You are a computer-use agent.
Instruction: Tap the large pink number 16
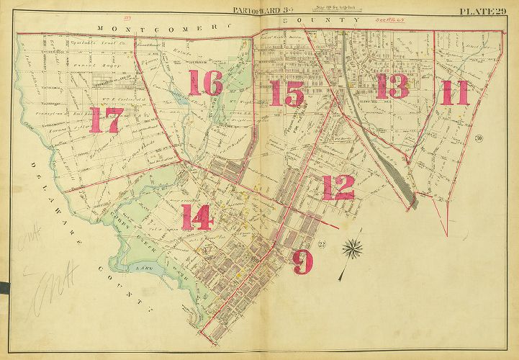(205, 85)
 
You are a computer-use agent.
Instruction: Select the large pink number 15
(286, 94)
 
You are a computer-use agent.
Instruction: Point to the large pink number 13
(392, 86)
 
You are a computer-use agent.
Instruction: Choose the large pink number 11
(455, 93)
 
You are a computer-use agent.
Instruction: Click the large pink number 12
(338, 187)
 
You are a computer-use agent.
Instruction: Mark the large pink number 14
(197, 217)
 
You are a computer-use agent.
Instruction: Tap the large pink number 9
(303, 261)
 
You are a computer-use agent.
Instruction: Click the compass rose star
(352, 250)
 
